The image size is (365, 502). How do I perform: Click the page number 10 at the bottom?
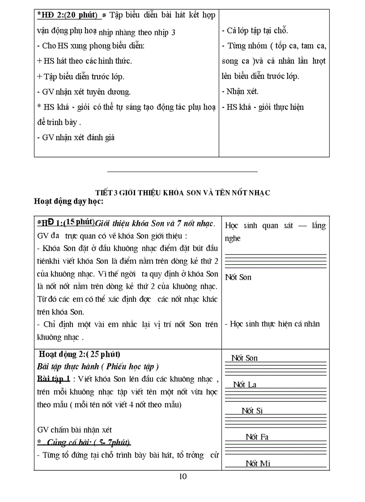[x=182, y=477]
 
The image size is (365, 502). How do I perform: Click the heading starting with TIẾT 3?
[x=182, y=192]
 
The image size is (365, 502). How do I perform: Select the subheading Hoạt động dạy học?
[x=68, y=202]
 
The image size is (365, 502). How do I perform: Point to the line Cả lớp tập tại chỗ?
[x=255, y=30]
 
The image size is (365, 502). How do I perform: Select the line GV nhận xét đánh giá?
[x=76, y=137]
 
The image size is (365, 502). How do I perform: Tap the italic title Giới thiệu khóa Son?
[x=155, y=223]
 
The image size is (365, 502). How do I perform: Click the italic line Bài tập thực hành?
[x=98, y=367]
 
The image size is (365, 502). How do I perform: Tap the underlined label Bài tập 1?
[x=54, y=379]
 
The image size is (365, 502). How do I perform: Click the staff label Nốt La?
[x=245, y=384]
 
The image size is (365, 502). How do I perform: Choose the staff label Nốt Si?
[x=252, y=410]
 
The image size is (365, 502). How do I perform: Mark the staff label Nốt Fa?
[x=257, y=437]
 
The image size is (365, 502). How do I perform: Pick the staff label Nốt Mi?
[x=258, y=463]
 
